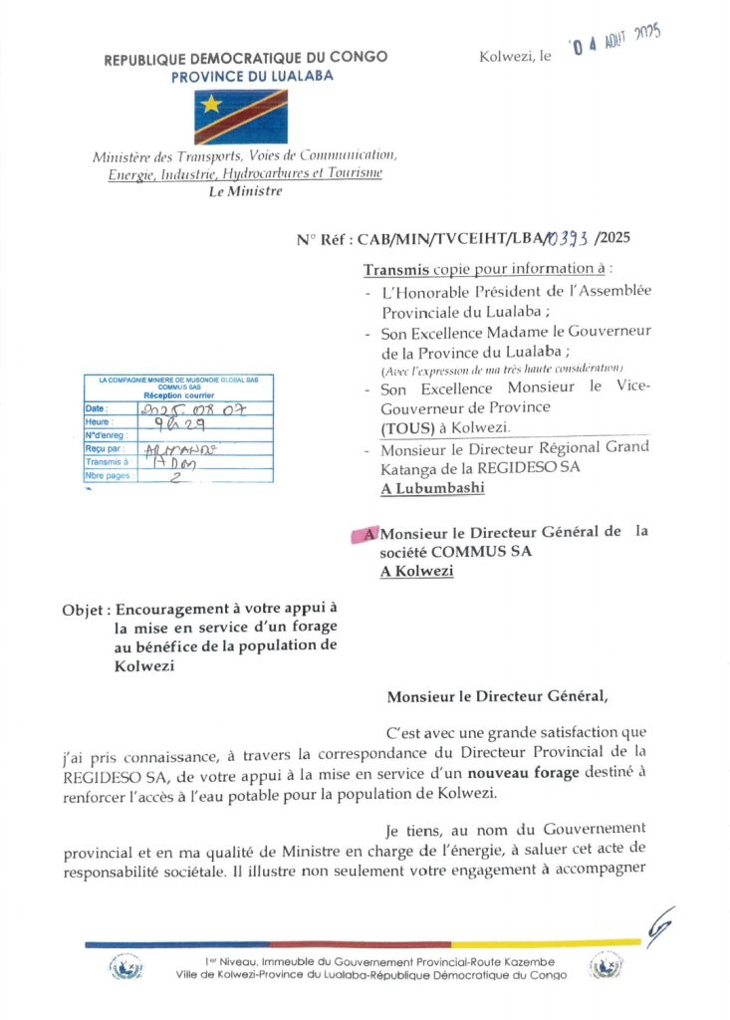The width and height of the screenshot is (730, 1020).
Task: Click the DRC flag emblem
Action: (240, 118)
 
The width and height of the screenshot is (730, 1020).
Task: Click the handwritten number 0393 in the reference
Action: (567, 238)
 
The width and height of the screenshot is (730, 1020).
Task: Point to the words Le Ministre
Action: (245, 191)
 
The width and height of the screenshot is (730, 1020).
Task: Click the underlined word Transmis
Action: (396, 270)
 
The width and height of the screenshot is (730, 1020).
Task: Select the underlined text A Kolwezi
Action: (416, 571)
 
